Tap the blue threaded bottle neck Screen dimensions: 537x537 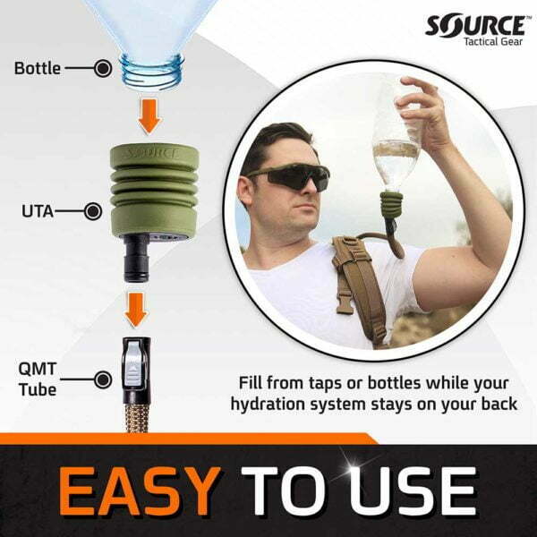152,65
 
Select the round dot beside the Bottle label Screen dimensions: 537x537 103,67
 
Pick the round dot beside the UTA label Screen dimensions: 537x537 93,212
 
